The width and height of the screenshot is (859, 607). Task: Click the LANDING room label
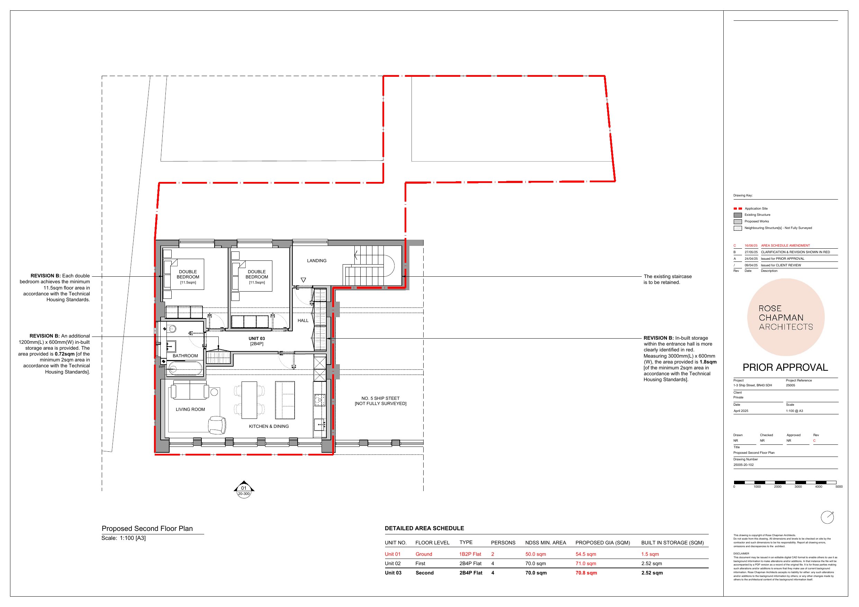(x=317, y=261)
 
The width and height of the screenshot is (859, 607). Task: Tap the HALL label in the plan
(x=303, y=321)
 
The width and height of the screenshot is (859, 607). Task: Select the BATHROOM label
(x=185, y=356)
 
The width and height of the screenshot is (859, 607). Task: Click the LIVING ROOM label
(x=190, y=410)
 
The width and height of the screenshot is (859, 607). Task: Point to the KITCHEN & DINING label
(x=269, y=426)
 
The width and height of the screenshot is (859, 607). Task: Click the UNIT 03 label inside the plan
(x=257, y=339)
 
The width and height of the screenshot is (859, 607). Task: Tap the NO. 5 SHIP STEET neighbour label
(x=380, y=398)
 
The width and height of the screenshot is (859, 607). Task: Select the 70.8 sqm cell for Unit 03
(x=586, y=573)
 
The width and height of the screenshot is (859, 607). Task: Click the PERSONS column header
(x=503, y=543)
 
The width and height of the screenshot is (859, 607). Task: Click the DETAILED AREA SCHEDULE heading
(x=424, y=528)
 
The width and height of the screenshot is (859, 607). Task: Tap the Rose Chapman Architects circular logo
(x=786, y=317)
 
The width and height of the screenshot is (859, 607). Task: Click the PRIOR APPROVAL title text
(x=785, y=367)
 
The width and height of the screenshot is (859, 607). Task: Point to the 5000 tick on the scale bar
(x=839, y=487)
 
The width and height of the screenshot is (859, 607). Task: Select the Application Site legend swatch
(x=738, y=209)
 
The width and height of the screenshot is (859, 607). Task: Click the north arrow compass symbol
(x=827, y=517)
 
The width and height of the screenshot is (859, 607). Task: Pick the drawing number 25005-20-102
(x=744, y=465)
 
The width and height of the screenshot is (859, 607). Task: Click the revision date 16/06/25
(x=751, y=246)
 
